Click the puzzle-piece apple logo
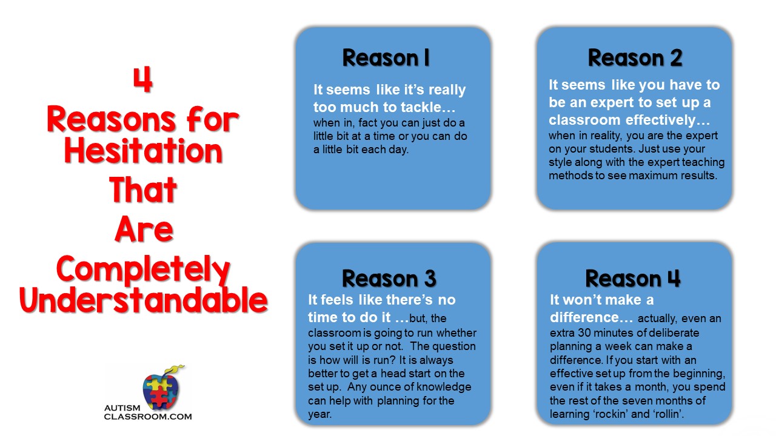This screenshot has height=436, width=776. click(161, 389)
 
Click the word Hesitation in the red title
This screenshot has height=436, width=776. click(143, 151)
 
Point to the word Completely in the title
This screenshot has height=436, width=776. click(143, 271)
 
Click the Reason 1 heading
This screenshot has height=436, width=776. click(386, 58)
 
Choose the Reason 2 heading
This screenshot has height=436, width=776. click(635, 58)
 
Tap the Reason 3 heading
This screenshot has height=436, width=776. click(389, 278)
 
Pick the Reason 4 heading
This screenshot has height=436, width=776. click(633, 278)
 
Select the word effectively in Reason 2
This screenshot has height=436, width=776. click(660, 120)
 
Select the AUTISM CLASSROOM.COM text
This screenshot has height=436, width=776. click(148, 412)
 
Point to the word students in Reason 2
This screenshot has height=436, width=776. click(612, 149)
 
